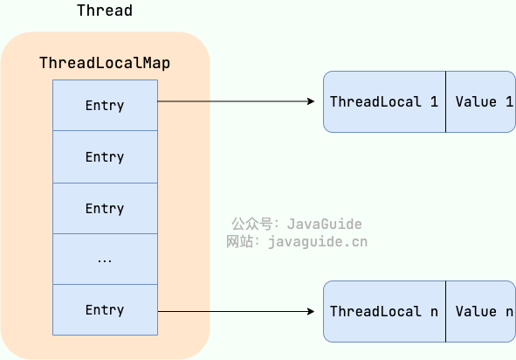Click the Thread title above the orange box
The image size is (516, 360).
tap(105, 10)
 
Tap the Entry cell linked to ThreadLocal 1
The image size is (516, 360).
tap(105, 106)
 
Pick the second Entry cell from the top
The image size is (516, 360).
tap(105, 157)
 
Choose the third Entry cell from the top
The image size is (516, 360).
tap(105, 209)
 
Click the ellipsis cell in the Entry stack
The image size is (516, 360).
tap(105, 260)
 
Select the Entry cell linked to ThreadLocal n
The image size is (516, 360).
tap(105, 310)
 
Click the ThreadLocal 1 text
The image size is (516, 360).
tap(384, 102)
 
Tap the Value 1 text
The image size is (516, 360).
tap(483, 102)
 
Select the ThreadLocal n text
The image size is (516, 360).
tap(384, 311)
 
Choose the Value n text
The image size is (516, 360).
tap(483, 311)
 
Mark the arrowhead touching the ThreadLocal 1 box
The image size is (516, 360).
tap(310, 102)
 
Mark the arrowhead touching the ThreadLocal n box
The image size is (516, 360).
tap(310, 311)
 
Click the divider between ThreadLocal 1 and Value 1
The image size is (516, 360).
tap(445, 102)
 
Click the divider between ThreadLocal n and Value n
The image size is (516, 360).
tap(445, 311)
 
